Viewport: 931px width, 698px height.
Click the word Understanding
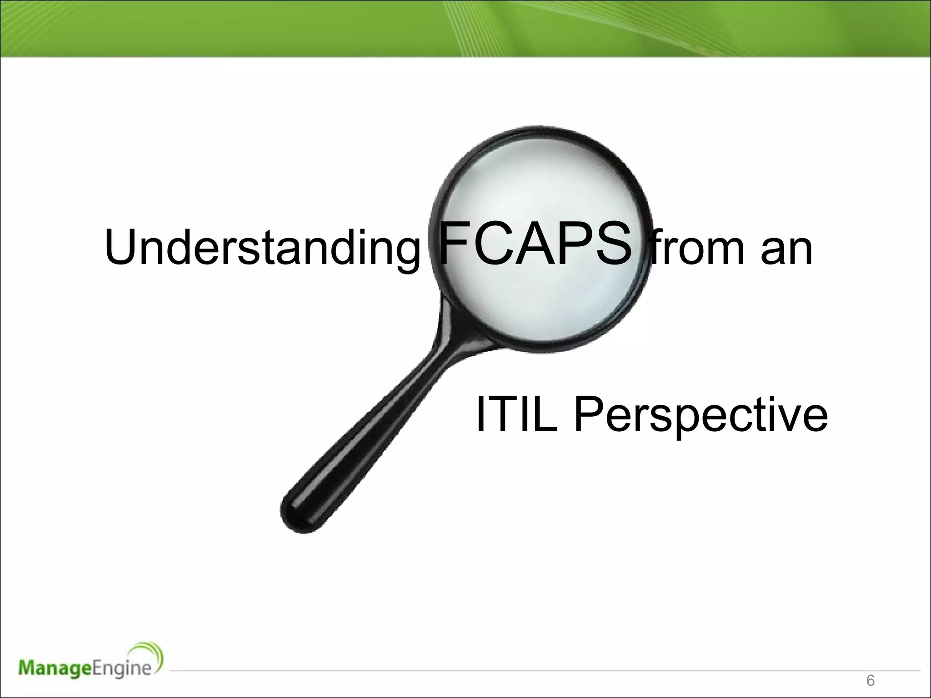262,248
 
